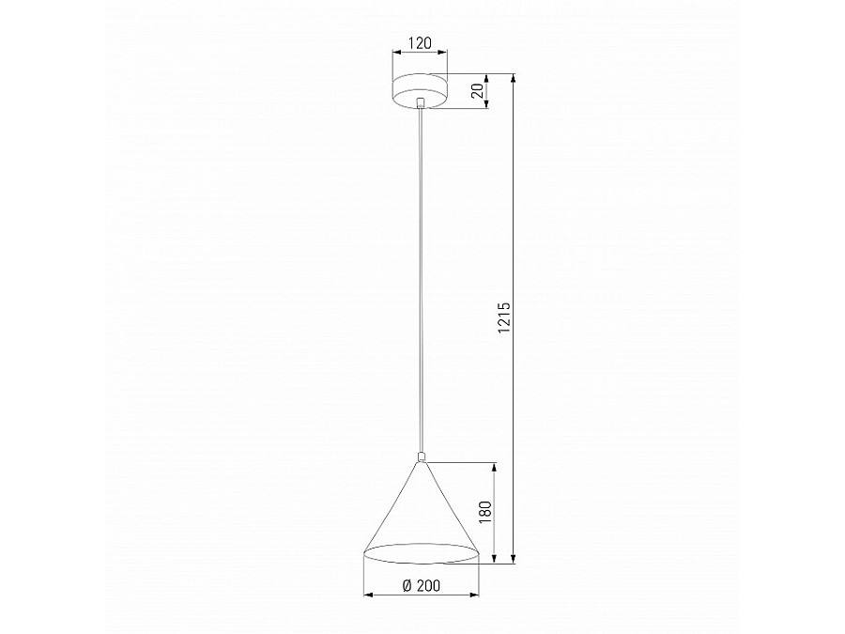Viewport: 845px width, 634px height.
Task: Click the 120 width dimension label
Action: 420,44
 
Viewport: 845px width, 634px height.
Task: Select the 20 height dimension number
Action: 477,91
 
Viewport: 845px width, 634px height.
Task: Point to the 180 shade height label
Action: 485,512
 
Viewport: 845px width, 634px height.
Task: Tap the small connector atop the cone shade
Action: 422,457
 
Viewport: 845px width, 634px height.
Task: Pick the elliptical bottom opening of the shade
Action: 422,554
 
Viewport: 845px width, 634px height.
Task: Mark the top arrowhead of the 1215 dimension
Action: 514,77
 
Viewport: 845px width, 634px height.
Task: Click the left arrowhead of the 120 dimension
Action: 396,55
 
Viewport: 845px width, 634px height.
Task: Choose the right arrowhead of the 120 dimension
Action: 445,55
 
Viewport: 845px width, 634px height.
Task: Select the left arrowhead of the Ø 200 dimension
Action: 366,595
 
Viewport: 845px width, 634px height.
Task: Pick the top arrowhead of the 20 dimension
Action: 487,77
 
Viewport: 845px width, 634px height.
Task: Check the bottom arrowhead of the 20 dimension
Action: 487,105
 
